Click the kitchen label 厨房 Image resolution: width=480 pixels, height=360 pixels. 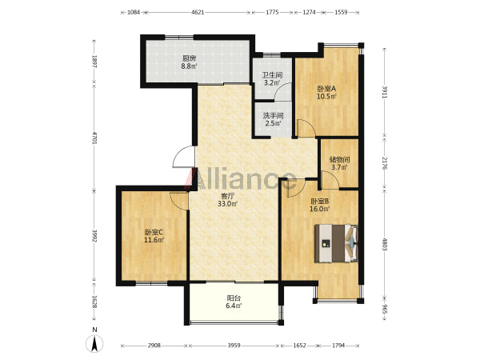(x=189, y=58)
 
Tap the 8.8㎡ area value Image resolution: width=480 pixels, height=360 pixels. (x=189, y=66)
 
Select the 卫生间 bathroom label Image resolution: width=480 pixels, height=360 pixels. (x=272, y=75)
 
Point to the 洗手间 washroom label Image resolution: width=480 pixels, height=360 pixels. (x=273, y=116)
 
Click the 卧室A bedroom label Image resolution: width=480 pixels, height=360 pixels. (x=326, y=89)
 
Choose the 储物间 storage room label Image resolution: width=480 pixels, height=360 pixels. (x=339, y=159)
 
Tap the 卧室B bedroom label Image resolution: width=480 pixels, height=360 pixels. (x=320, y=202)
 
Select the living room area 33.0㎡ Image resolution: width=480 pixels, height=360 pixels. (x=228, y=203)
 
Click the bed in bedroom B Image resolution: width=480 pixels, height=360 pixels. (x=336, y=243)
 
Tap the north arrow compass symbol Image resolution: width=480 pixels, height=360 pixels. (x=94, y=343)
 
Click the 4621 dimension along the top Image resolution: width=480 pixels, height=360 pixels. (x=198, y=12)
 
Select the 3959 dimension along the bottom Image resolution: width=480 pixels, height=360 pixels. (x=234, y=346)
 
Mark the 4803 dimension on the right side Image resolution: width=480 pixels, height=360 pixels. (x=385, y=243)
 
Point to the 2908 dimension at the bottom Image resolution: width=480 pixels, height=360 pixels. (x=154, y=346)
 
